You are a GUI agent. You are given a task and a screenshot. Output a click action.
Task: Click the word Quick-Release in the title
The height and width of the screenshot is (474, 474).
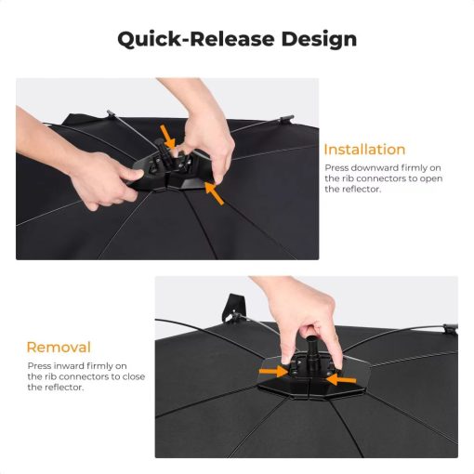[x=196, y=39]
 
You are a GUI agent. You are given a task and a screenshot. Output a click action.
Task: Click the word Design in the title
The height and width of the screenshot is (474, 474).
[x=319, y=39]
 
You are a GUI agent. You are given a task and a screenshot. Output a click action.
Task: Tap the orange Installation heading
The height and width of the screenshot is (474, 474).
[x=364, y=150]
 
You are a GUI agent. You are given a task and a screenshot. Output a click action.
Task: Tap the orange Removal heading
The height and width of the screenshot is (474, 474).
[x=59, y=348]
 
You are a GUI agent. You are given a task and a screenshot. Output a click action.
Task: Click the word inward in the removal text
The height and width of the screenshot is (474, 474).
[x=70, y=366]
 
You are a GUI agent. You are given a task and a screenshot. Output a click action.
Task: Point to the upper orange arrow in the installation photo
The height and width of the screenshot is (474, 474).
[x=168, y=137]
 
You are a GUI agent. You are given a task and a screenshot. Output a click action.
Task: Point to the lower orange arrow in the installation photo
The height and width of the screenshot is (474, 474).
[x=215, y=193]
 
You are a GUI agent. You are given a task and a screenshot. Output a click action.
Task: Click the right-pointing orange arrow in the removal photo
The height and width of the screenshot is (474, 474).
[x=274, y=371]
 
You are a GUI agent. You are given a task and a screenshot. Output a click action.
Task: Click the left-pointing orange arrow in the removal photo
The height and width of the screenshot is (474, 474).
[x=341, y=379]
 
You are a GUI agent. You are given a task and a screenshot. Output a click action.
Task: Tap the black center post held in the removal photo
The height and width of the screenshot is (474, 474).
[x=310, y=351]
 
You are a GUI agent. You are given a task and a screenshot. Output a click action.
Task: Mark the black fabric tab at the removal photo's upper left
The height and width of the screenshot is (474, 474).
[x=233, y=308]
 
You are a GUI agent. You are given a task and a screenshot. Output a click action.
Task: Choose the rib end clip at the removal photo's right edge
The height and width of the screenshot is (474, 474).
[x=451, y=329]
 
